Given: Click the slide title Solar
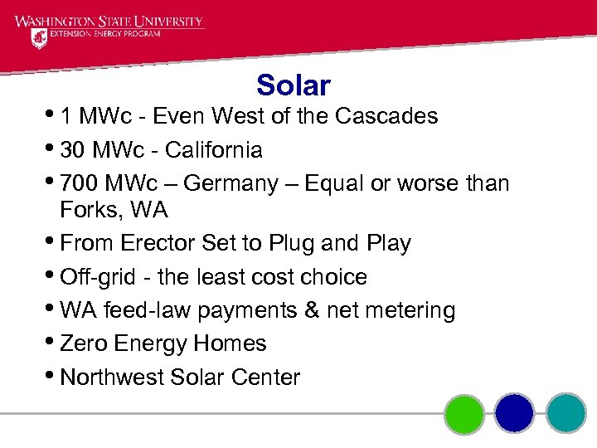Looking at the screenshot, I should [293, 85].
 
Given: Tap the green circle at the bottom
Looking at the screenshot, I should [464, 413].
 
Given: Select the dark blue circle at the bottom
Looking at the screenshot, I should [514, 413].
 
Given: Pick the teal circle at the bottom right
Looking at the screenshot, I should [566, 413].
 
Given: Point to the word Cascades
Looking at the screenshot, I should [386, 116].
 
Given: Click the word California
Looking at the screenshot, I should [214, 150].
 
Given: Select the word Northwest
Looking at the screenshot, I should [112, 377].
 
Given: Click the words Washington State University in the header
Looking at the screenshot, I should [108, 21].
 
